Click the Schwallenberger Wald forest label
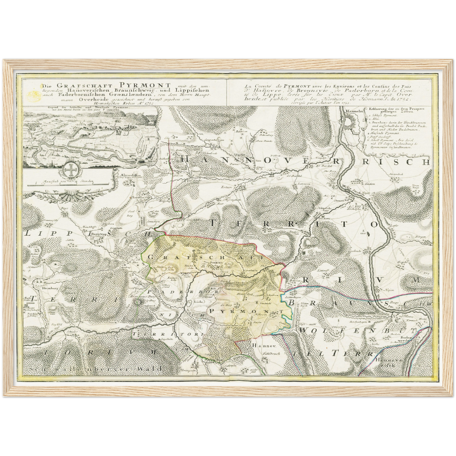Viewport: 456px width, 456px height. pos(95,368)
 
